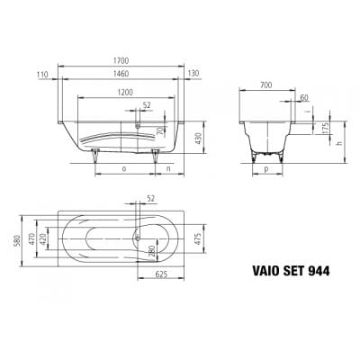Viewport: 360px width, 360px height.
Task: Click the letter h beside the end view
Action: click(x=339, y=142)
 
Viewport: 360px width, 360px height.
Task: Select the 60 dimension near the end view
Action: click(x=306, y=97)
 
